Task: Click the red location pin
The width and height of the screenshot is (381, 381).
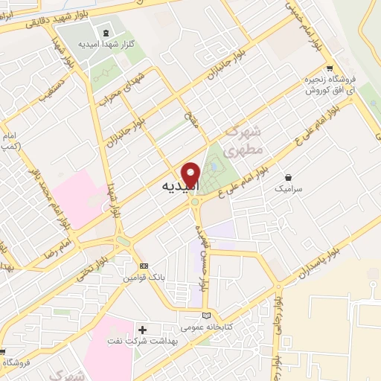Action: (x=191, y=176)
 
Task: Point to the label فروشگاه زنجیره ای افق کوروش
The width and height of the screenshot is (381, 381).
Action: (x=330, y=84)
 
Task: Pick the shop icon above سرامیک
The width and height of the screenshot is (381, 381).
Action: (x=289, y=178)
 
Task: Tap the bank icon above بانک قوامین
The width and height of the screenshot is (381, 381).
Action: (x=144, y=266)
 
